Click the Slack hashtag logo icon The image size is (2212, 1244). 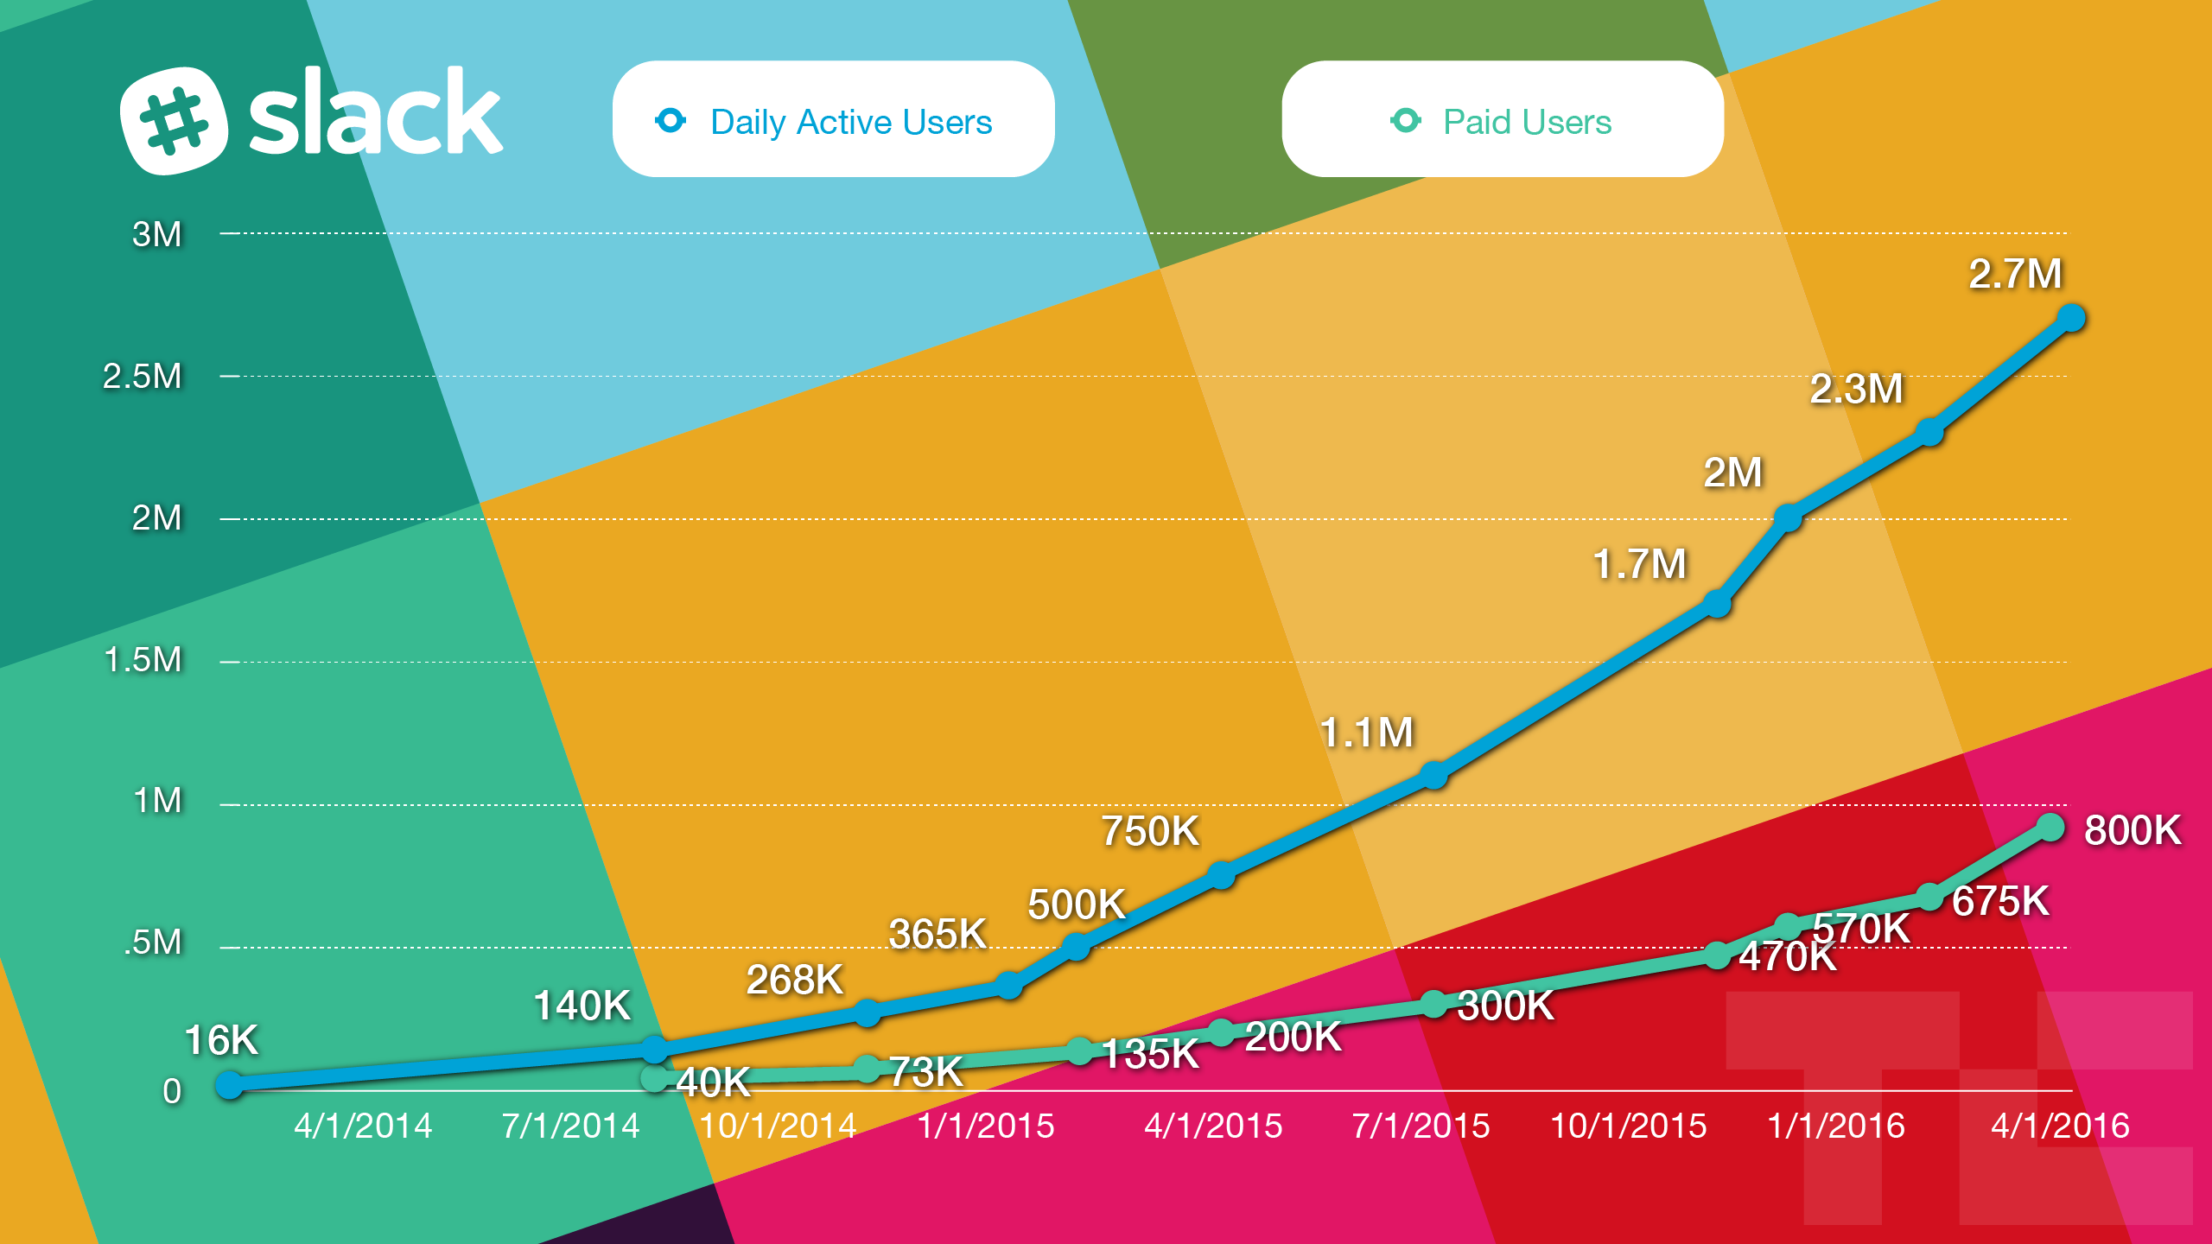(174, 120)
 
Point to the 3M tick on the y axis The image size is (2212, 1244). (156, 234)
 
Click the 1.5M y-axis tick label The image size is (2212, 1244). (143, 660)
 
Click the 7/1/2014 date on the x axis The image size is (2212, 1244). (570, 1127)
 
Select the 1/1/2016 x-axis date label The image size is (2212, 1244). (1835, 1127)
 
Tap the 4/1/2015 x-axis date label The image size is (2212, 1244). (1213, 1127)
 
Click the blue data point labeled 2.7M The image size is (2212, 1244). (2071, 318)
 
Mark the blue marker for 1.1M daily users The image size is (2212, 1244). (1434, 775)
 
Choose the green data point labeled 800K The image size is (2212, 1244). (2050, 828)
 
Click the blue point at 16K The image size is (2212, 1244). (229, 1084)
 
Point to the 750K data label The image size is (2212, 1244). (1150, 831)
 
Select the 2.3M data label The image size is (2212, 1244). (1856, 389)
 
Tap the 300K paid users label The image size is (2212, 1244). (1505, 1006)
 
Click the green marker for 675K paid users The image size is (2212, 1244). (1930, 897)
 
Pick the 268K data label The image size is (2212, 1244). (794, 980)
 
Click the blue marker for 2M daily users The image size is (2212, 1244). (1788, 517)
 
